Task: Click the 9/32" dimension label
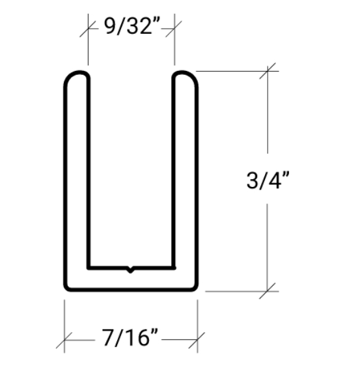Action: click(132, 27)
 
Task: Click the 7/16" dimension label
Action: click(130, 339)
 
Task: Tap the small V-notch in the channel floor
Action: click(131, 269)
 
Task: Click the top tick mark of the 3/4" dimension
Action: click(268, 70)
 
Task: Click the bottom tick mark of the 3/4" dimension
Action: click(268, 290)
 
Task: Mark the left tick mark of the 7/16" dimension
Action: click(64, 339)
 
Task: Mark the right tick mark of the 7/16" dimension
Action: click(197, 339)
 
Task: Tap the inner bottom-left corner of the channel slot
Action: click(89, 266)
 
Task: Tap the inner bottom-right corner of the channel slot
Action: click(174, 266)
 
